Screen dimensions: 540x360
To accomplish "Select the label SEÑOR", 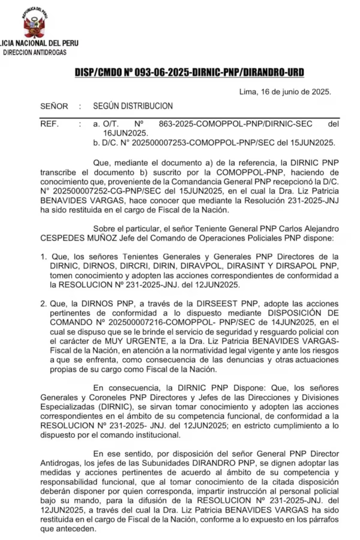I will click(54, 106).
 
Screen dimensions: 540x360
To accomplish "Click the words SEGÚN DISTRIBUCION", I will click(133, 106).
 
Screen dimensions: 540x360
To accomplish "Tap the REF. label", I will click(51, 124).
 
